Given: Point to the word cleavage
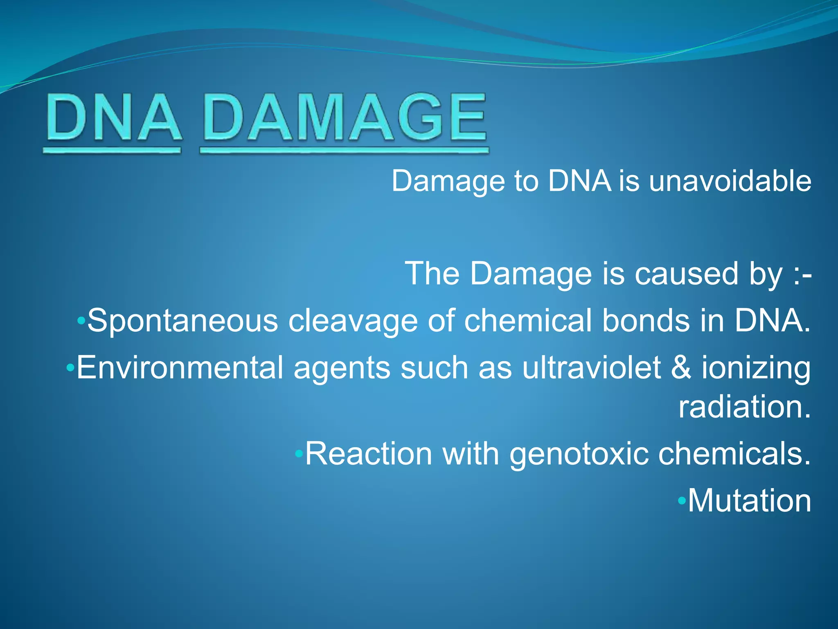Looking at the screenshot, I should click(x=353, y=321).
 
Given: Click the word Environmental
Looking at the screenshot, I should click(x=180, y=368).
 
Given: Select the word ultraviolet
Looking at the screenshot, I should click(x=591, y=368).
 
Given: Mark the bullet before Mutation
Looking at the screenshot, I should click(x=681, y=500).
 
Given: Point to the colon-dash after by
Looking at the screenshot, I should click(x=802, y=274).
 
